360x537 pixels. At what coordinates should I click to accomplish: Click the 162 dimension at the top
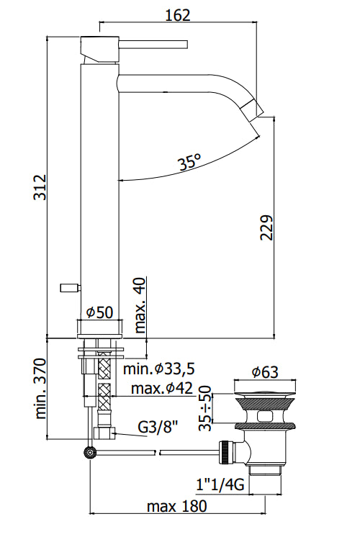coord(177,15)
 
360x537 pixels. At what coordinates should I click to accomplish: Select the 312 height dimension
coord(40,187)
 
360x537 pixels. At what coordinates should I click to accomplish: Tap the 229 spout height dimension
coord(266,227)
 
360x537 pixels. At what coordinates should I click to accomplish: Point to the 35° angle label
coord(189,162)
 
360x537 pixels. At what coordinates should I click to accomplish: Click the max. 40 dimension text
coord(140,305)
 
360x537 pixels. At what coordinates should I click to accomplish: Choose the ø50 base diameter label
coord(99,312)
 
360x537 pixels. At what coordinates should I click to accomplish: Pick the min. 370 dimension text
coord(40,389)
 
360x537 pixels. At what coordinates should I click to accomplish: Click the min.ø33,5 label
coord(159,369)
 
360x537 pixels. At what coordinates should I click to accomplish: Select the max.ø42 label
coord(162,389)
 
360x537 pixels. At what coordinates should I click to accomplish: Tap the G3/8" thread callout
coord(158,427)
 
